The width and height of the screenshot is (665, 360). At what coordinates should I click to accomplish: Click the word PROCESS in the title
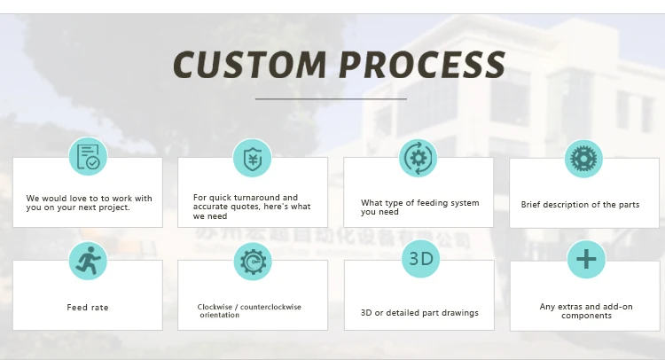pos(423,66)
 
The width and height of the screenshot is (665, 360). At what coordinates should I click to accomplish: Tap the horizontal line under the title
pos(331,99)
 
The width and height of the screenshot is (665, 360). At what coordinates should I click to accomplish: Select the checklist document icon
pos(88,157)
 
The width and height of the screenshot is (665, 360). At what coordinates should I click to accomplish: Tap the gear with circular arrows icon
pos(418,158)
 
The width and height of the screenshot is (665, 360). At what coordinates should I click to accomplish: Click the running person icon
pos(87,260)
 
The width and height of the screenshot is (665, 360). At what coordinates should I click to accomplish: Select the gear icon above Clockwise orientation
pos(253,262)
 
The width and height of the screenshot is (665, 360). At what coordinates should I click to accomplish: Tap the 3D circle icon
pos(420,259)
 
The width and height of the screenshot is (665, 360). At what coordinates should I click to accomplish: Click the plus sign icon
pos(585,260)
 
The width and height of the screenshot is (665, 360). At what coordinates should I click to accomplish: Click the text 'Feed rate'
pos(88,308)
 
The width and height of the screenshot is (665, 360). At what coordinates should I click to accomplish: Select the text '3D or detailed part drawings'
pos(419,312)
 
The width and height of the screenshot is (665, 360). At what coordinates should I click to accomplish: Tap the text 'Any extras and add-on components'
pos(586,310)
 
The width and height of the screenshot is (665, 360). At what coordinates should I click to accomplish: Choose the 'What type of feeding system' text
pos(419,203)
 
